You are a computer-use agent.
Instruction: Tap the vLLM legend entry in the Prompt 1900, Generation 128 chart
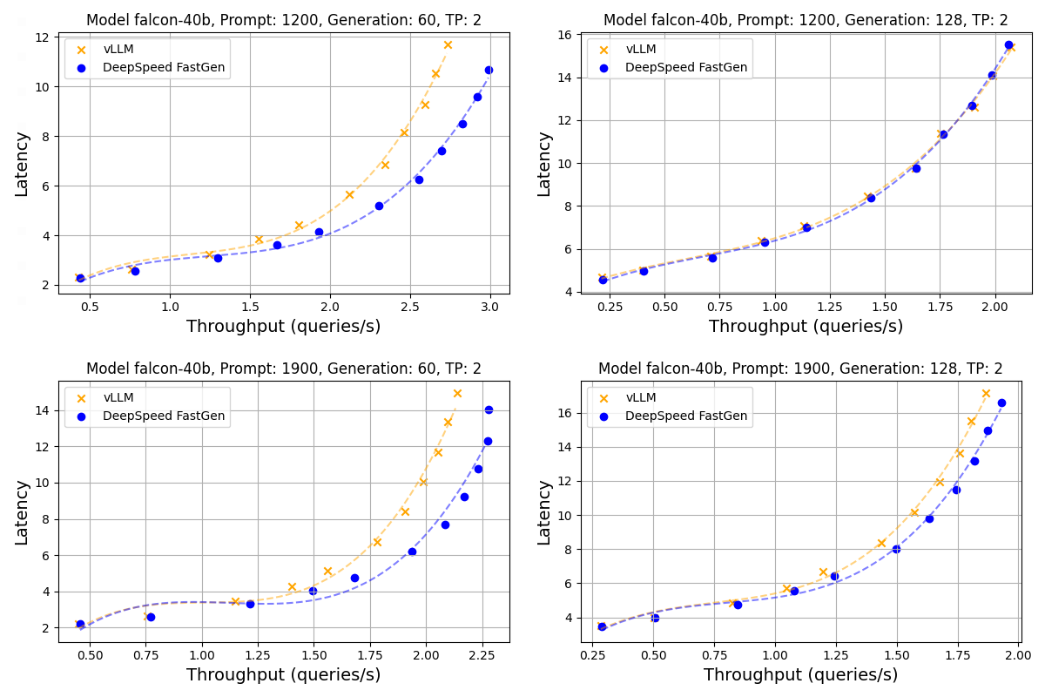[641, 397]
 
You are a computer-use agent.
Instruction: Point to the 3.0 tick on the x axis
[490, 307]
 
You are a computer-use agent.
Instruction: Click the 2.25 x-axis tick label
[482, 655]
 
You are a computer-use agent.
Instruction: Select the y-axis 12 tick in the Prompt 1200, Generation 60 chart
[42, 37]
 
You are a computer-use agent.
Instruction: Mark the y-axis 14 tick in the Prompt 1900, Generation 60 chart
[42, 410]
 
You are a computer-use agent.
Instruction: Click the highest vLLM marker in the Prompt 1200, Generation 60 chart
[448, 45]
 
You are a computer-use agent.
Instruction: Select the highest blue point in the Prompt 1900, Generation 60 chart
[489, 409]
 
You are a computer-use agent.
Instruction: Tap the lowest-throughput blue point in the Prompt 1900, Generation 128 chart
[602, 626]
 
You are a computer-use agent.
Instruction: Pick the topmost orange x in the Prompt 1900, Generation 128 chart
[986, 394]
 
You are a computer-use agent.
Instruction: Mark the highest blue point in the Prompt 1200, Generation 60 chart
[489, 70]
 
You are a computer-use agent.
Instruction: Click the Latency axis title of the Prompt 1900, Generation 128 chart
[544, 512]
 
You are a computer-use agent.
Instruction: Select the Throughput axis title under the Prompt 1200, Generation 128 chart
[806, 327]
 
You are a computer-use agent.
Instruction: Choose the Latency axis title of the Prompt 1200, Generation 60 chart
[22, 164]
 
